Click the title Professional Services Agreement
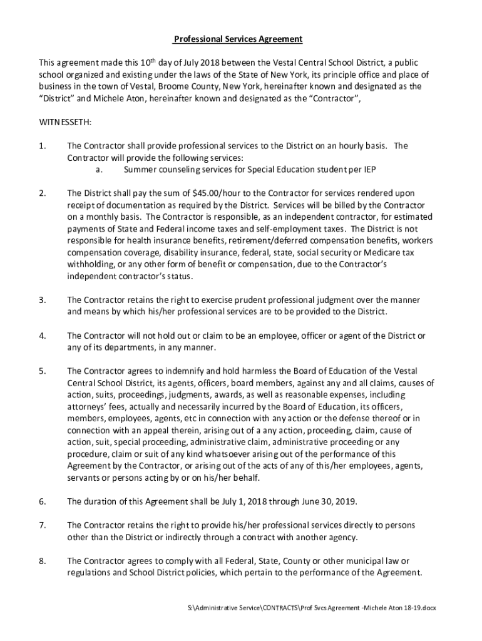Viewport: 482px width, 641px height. [238, 39]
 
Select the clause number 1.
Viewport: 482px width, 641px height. [42, 146]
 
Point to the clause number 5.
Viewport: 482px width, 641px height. [42, 371]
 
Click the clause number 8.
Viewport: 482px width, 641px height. [42, 561]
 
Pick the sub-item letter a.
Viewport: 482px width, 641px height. [99, 170]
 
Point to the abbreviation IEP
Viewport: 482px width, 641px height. [369, 170]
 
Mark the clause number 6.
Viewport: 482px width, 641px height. [42, 501]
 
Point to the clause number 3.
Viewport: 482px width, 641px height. [42, 300]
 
